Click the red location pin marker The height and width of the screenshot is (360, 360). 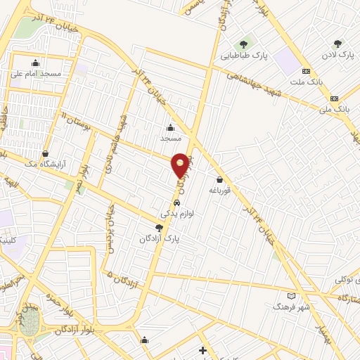tap(181, 165)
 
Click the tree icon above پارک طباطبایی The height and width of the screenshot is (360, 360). tap(245, 44)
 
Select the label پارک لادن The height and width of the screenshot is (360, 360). tap(337, 54)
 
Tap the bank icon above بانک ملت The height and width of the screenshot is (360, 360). tap(306, 71)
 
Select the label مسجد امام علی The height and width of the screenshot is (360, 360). tap(36, 72)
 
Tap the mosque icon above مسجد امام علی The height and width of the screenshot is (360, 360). tap(36, 62)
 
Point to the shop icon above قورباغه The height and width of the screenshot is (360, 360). tap(220, 180)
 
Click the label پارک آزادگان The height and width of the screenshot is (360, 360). tap(159, 238)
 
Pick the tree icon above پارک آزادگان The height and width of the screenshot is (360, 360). tap(159, 228)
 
